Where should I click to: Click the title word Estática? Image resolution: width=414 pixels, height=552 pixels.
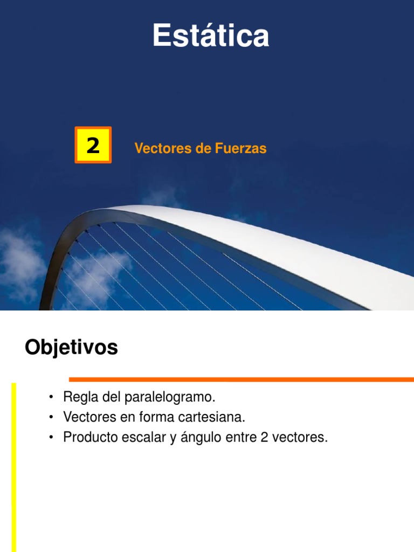(210, 36)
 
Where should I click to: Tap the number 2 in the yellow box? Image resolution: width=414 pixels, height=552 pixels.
(93, 146)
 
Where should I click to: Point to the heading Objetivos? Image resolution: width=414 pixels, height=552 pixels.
(71, 348)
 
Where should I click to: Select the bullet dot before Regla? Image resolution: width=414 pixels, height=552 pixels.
(50, 398)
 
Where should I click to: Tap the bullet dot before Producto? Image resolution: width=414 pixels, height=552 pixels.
(50, 438)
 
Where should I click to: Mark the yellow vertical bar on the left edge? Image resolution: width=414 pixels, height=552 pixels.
(14, 464)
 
